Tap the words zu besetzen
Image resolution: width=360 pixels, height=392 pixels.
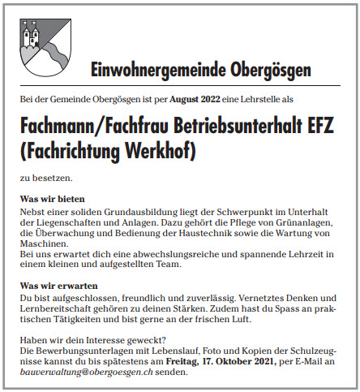45,177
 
